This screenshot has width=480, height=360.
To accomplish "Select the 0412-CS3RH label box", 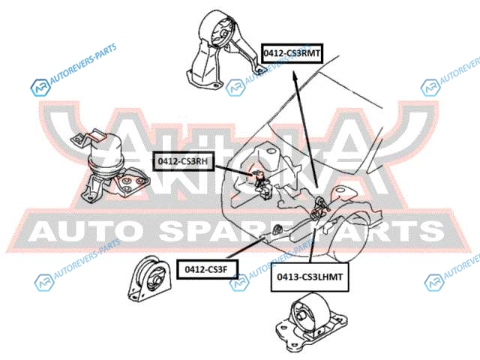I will [183, 160].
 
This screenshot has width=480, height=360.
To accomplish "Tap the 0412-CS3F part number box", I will [206, 267].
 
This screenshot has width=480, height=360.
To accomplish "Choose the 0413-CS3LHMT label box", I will [308, 277].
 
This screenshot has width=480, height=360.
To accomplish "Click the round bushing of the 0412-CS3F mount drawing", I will [156, 280].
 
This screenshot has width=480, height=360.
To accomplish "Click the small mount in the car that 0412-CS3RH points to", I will [259, 180].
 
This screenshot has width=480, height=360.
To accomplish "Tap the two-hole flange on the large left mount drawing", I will [133, 182].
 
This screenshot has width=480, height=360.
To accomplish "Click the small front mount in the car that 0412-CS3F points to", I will [275, 227].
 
